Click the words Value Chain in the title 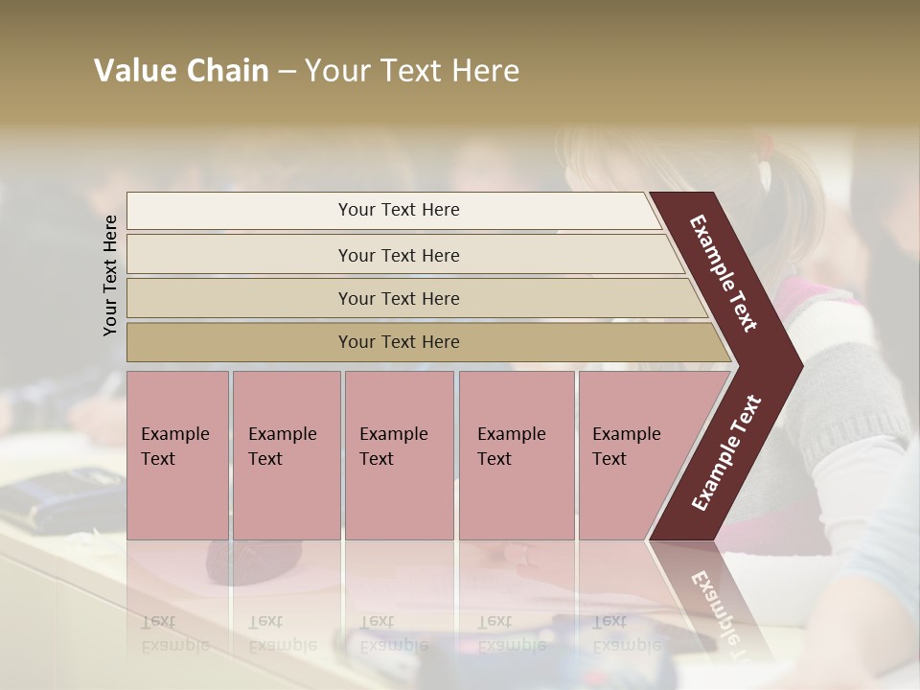coord(181,71)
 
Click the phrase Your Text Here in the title coord(412,71)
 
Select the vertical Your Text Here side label coord(110,275)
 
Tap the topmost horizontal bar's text coord(399,210)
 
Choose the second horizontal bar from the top coord(399,255)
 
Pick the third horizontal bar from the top coord(399,298)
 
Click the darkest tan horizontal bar coord(399,342)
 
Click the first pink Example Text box coord(177,455)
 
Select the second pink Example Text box coord(286,455)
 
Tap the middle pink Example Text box coord(399,455)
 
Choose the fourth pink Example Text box coord(516,455)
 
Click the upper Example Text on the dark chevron coord(724,273)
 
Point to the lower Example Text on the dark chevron coord(726,452)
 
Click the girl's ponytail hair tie coord(765,173)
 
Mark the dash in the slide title coord(287,72)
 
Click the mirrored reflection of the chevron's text coord(714,613)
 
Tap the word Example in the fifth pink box coord(626,434)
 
